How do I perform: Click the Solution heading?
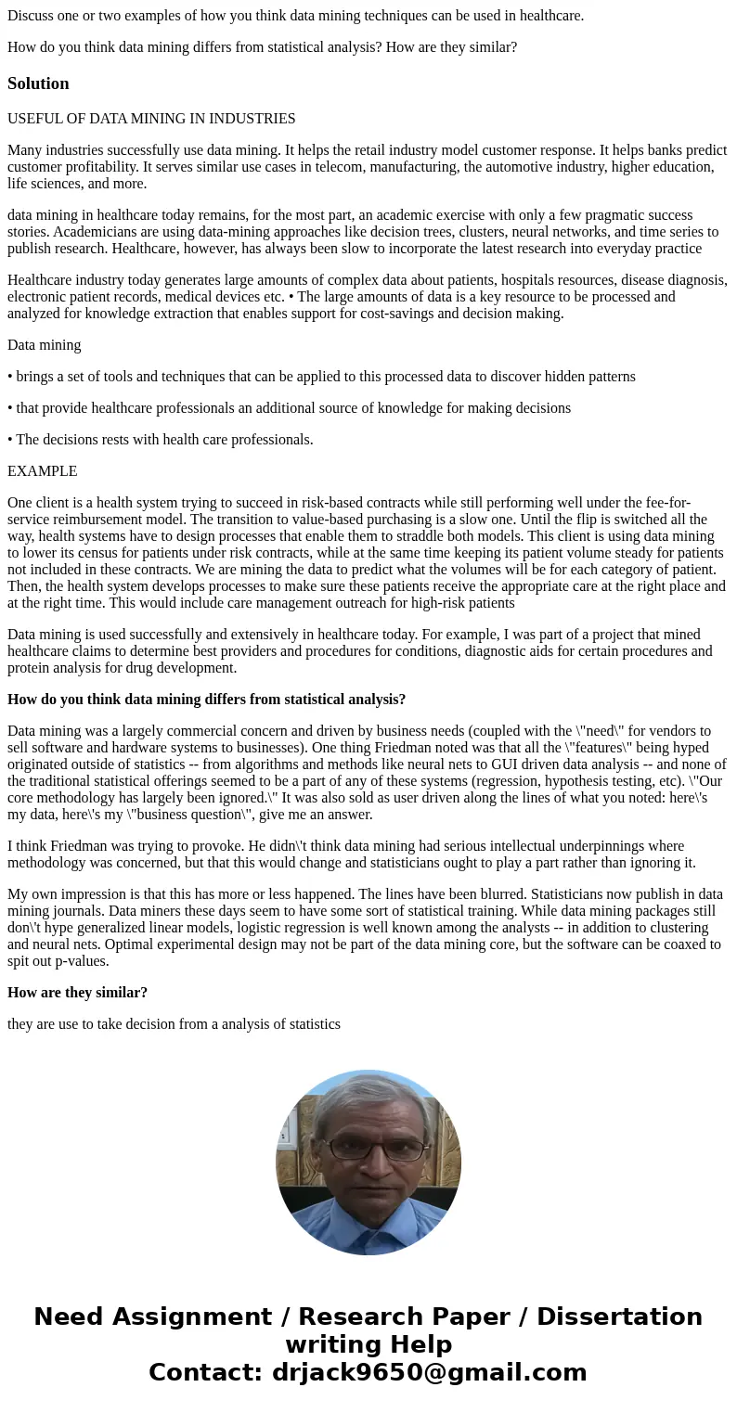point(38,83)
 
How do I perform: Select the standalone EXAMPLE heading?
point(42,471)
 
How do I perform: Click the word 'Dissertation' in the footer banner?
point(619,1317)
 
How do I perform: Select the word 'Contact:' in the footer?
point(205,1372)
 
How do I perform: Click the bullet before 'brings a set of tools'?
point(10,377)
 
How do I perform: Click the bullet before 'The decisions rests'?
point(10,440)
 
